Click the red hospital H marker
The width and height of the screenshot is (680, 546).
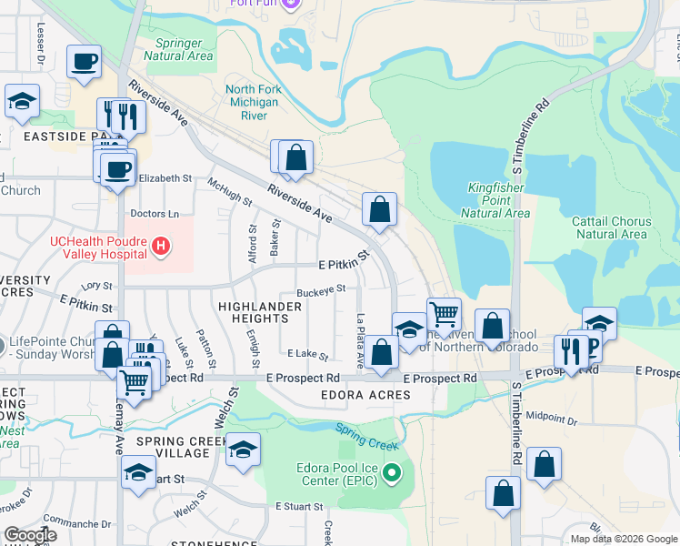click(x=161, y=245)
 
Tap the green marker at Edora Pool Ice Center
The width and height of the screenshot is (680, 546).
click(x=392, y=471)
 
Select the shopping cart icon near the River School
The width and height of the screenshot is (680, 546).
click(x=443, y=315)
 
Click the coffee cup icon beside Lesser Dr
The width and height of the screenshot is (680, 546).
click(x=84, y=62)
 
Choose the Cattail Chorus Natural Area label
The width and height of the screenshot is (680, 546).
click(x=611, y=227)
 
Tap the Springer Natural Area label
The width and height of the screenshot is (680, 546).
click(x=184, y=49)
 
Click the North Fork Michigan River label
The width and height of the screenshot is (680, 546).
click(x=253, y=103)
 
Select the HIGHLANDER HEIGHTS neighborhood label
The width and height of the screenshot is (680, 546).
click(x=259, y=312)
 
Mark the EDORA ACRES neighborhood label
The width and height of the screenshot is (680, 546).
click(x=365, y=395)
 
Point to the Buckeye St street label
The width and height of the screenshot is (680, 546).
click(x=320, y=289)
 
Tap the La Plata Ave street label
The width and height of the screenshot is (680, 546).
click(x=361, y=341)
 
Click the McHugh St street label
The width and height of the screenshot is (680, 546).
click(x=229, y=190)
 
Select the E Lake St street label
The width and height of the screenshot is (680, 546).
click(x=306, y=353)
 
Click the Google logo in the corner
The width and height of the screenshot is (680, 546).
click(x=30, y=534)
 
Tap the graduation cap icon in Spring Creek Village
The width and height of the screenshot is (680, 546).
click(x=242, y=450)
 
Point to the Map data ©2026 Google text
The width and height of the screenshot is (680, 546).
click(x=623, y=539)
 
